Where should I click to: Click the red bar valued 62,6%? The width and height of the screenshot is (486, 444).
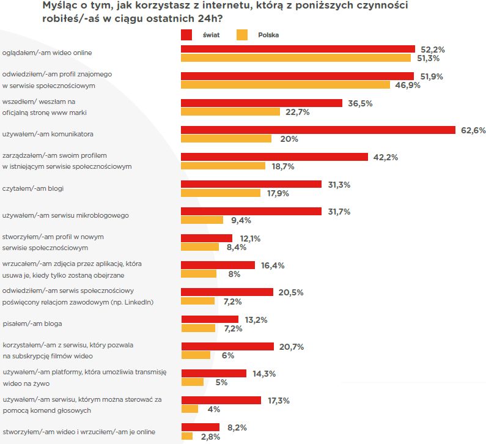(x=318, y=130)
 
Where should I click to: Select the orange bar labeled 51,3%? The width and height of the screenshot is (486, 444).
(x=296, y=58)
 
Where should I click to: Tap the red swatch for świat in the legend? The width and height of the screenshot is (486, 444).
(x=187, y=35)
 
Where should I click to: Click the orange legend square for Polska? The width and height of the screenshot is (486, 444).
(x=242, y=35)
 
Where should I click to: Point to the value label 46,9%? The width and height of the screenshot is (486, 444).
(x=407, y=86)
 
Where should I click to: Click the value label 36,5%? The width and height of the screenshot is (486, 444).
(x=360, y=103)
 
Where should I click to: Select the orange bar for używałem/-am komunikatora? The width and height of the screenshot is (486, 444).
(x=226, y=139)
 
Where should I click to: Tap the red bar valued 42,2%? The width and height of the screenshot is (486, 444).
(x=274, y=157)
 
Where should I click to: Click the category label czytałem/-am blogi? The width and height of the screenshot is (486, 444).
(x=34, y=188)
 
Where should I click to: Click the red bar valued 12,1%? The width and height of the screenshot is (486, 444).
(x=207, y=238)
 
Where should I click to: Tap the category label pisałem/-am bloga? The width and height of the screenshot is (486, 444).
(x=32, y=323)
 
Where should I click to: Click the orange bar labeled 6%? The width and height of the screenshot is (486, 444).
(x=196, y=355)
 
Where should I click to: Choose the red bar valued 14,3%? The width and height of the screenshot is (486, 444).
(x=214, y=374)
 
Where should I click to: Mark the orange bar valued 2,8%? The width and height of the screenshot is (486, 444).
(x=187, y=436)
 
